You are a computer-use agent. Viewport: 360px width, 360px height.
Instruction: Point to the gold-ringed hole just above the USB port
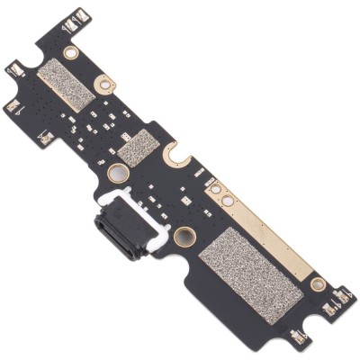(x=116, y=173)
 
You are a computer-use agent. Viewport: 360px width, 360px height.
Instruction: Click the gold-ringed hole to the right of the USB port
(x=186, y=238)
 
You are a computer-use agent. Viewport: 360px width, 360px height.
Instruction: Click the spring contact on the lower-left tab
(x=13, y=104)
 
